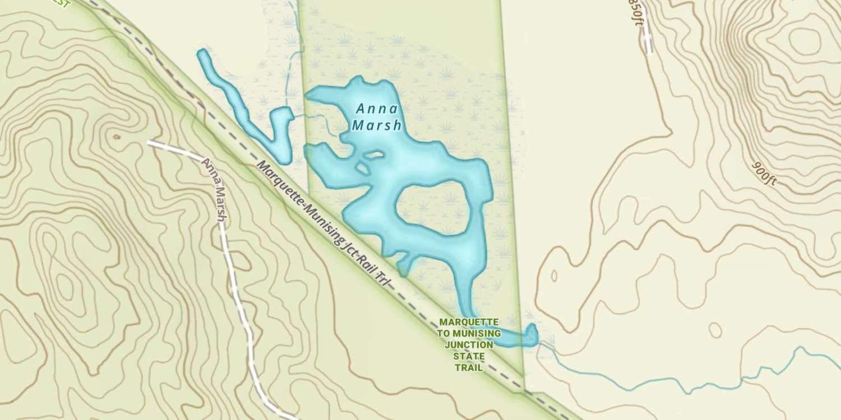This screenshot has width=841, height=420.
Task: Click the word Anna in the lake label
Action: click(x=377, y=109)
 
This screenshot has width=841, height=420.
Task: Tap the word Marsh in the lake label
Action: click(x=377, y=125)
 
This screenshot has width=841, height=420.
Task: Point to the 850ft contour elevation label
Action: click(x=635, y=13)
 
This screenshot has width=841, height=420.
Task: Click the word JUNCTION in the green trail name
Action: click(x=469, y=344)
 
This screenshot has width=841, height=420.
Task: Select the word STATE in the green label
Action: click(x=469, y=356)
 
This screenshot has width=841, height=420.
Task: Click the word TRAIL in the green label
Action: click(x=469, y=368)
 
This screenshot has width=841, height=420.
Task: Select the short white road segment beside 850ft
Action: click(x=648, y=36)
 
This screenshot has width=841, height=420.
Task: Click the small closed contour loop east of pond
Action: click(x=715, y=330)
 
